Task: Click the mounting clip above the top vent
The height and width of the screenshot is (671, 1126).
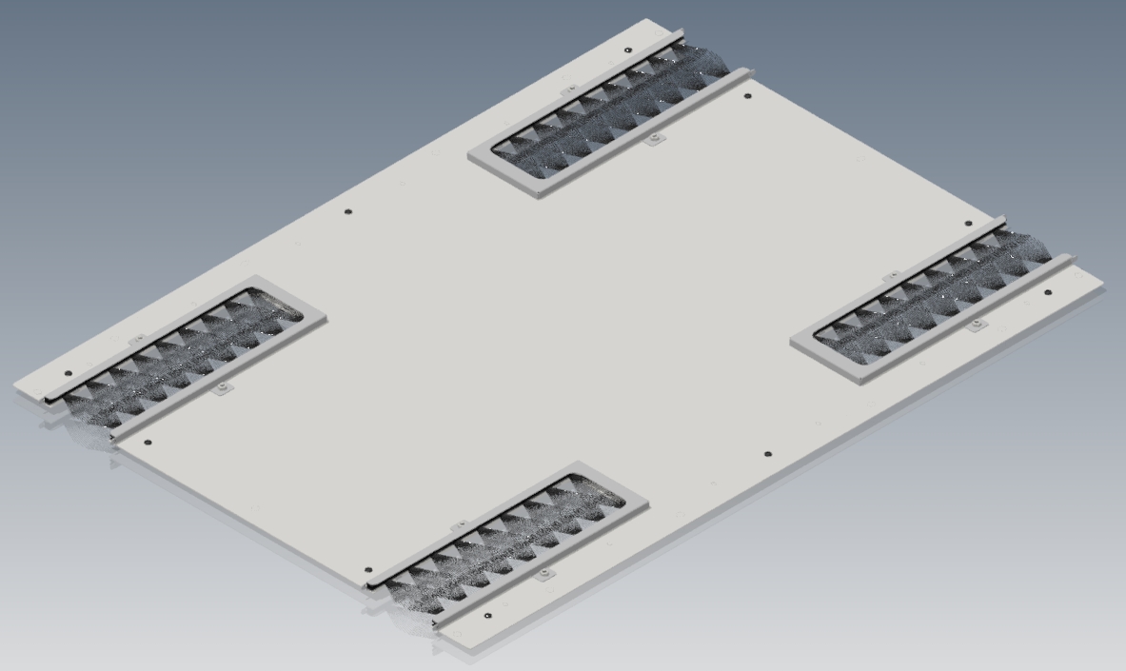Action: (570, 90)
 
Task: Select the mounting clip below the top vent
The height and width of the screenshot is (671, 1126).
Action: (653, 140)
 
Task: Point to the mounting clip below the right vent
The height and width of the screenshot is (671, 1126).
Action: (975, 326)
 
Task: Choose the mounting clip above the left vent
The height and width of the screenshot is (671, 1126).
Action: (136, 339)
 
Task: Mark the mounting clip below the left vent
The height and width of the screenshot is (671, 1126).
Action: (222, 388)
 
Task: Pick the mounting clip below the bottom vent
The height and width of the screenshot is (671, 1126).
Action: (543, 575)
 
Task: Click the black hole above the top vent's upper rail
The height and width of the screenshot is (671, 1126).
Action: (628, 50)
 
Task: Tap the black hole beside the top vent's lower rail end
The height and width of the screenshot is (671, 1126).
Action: (746, 96)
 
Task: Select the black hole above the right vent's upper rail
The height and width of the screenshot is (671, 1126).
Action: (969, 225)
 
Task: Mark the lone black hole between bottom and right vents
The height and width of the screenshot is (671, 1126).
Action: (769, 454)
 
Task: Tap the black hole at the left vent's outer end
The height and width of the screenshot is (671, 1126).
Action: (68, 374)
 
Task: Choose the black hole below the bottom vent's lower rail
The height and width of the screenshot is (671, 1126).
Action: (488, 616)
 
